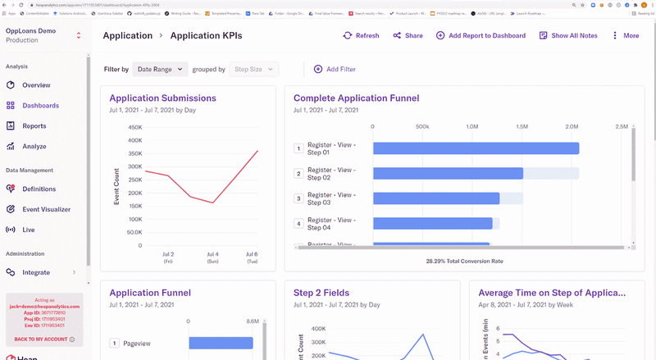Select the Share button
408,36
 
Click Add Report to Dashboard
481,36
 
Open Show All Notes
568,36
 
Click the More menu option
624,36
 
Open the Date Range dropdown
160,70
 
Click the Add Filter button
335,70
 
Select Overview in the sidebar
36,85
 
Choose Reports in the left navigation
34,126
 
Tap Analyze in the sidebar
34,147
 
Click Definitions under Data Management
39,189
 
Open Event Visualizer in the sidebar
46,209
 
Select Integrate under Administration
36,272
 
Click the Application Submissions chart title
162,98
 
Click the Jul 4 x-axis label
212,255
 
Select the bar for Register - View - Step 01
476,148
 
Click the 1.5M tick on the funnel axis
522,127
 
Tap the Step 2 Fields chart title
326,293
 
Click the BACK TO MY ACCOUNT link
41,339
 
